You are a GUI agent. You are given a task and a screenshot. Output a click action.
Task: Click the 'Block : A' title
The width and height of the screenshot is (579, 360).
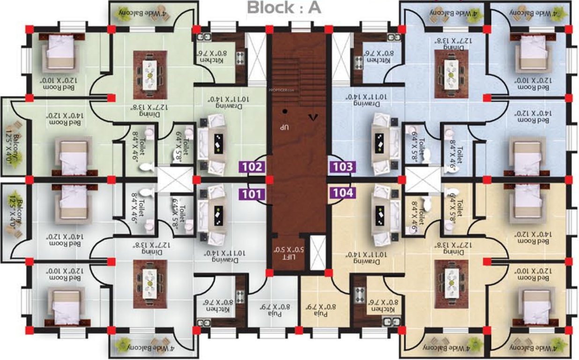point(284,8)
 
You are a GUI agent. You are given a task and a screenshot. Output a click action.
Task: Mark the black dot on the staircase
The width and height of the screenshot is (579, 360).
point(284,112)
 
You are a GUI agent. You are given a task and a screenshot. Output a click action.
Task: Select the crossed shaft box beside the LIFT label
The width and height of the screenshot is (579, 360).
point(318,253)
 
